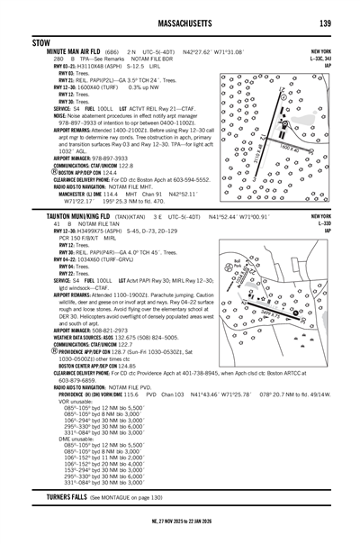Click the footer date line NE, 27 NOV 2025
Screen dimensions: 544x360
tap(179, 535)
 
